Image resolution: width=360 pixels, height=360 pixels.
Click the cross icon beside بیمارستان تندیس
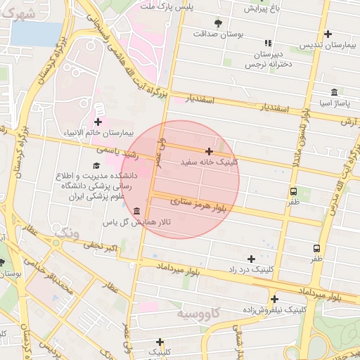tap(328, 34)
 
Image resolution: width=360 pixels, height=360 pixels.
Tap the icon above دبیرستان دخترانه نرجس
tap(267, 43)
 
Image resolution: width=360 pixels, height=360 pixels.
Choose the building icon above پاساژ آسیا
tap(333, 92)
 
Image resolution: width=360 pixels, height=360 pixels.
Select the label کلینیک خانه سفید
tap(210, 162)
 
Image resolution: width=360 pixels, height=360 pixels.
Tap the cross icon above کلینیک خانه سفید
tap(209, 151)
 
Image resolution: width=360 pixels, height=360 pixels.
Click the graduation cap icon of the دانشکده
tap(96, 165)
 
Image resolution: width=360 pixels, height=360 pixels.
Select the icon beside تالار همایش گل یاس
tap(136, 212)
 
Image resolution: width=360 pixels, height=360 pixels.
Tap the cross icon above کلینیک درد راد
tap(251, 259)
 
